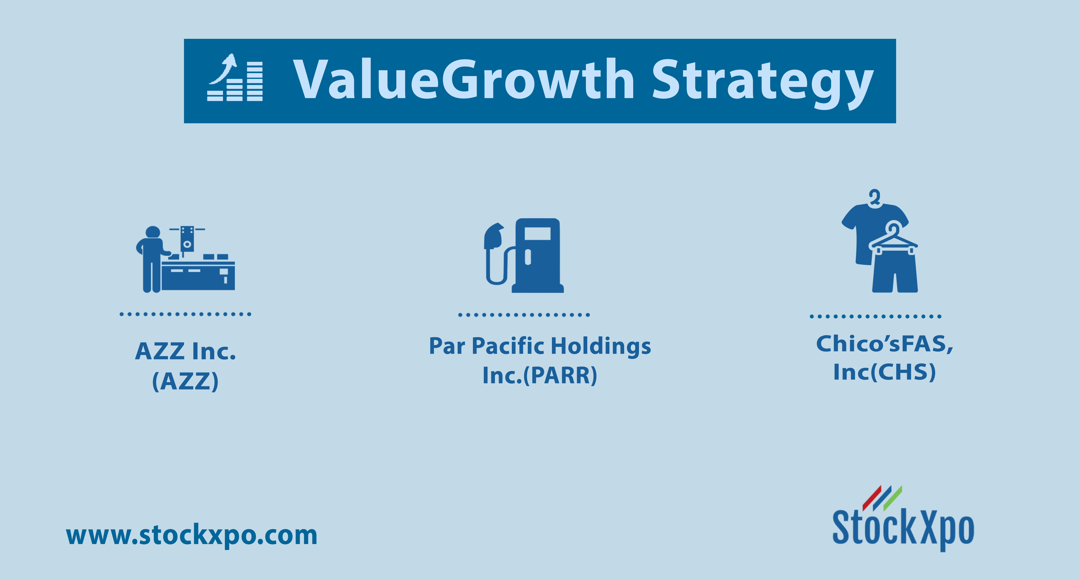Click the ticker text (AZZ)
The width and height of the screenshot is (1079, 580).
pos(185,381)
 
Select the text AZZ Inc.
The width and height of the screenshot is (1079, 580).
pos(185,351)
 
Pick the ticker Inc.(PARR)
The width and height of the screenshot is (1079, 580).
pos(540,375)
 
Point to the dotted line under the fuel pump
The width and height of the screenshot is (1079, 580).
pos(524,315)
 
